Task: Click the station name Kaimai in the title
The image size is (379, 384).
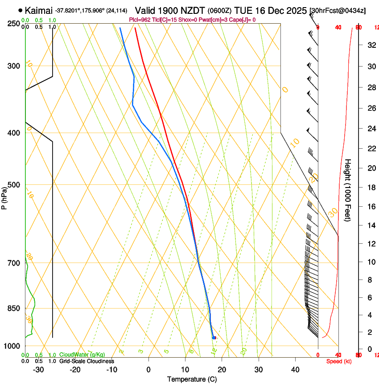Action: point(39,10)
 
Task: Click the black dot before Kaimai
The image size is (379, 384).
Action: point(21,10)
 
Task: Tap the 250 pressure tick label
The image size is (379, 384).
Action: point(14,24)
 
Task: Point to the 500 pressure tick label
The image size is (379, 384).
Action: point(14,185)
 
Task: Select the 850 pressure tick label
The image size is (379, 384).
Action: point(14,308)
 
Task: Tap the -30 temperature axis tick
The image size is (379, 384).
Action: point(38,369)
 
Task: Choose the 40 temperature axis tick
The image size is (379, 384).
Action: point(295,369)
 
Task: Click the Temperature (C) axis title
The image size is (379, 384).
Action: point(192,379)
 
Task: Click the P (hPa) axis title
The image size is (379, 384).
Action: point(4,196)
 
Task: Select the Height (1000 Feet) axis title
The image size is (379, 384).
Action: point(348,190)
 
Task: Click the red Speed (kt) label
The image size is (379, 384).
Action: point(338,361)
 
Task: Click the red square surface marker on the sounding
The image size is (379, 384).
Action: point(214,338)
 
